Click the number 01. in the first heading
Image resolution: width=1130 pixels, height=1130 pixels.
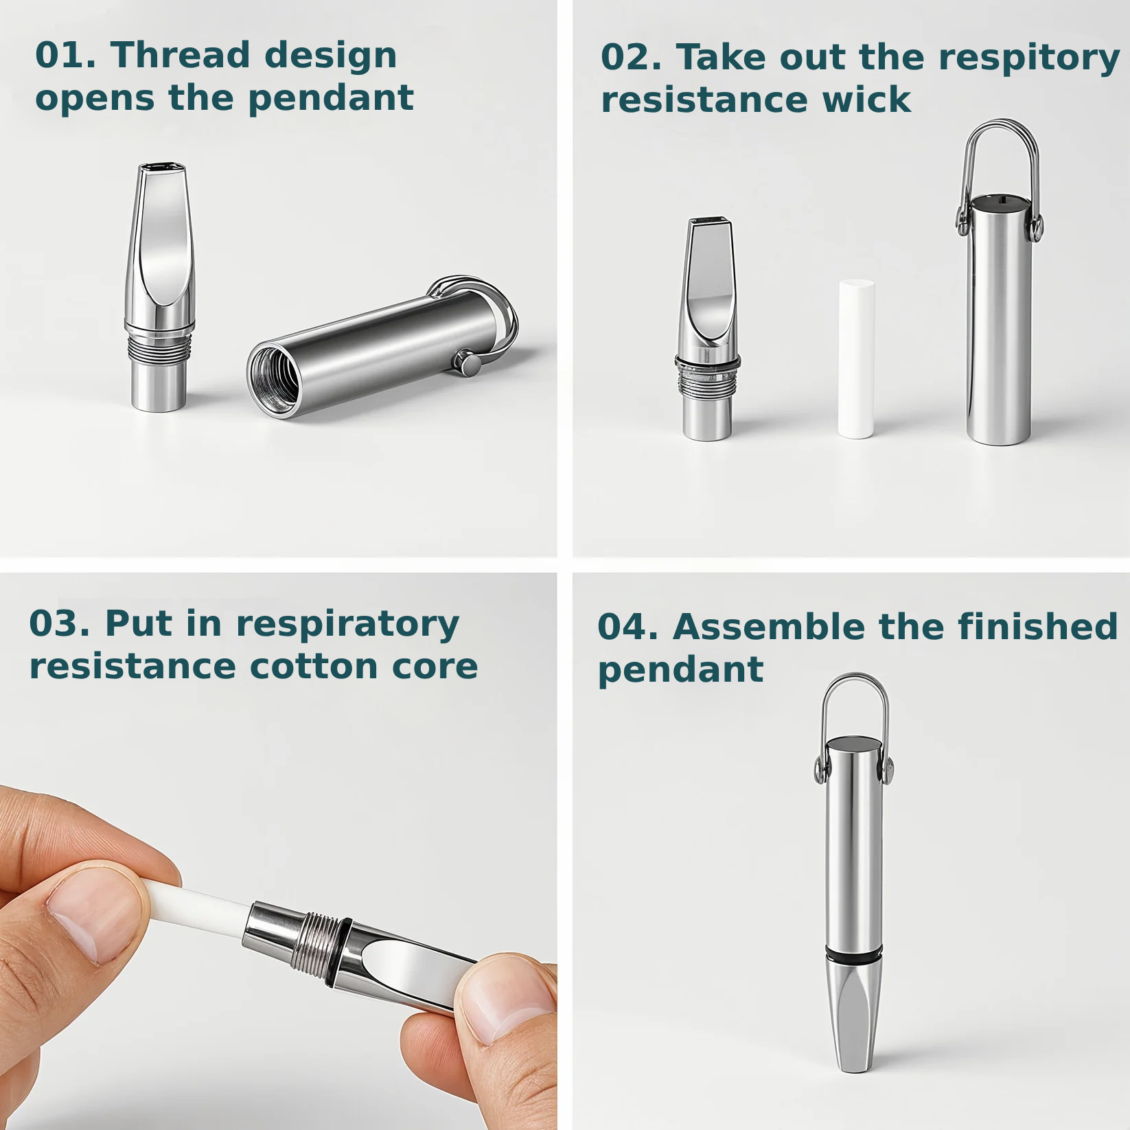tap(65, 55)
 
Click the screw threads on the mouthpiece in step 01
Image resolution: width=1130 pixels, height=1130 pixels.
tap(159, 347)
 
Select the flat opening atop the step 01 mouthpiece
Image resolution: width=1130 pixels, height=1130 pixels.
tap(162, 167)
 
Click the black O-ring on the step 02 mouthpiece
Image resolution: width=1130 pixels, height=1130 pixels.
tap(708, 362)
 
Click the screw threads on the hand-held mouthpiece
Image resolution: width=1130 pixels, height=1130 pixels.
tap(316, 940)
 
